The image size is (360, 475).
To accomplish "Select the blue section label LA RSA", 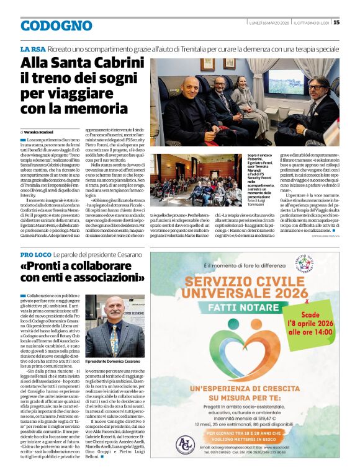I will coord(32,48).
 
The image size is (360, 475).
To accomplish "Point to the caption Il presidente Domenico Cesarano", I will coord(112,360).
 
